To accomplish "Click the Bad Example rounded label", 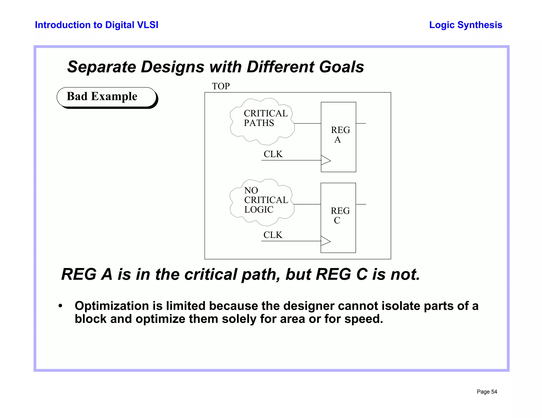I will click(x=106, y=97).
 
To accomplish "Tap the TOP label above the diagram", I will click(x=221, y=86).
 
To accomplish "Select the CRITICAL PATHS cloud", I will click(x=262, y=121).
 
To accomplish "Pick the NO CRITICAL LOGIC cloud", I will click(x=262, y=202).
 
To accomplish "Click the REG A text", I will click(x=340, y=135).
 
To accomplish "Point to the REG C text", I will click(x=340, y=215).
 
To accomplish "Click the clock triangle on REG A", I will click(x=326, y=160).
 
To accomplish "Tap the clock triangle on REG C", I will click(x=326, y=241).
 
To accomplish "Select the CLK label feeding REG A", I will click(x=273, y=154).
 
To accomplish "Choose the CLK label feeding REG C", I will click(x=273, y=235).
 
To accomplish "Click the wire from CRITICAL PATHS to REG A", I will click(x=308, y=124).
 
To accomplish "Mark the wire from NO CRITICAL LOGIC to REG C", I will click(x=307, y=204).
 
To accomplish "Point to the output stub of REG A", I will click(x=361, y=124).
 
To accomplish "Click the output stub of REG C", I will click(x=361, y=204).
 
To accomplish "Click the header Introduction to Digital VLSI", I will click(x=97, y=25).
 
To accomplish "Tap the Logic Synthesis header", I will click(x=466, y=25).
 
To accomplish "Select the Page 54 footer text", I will click(x=487, y=392).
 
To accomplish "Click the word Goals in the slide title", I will click(x=341, y=67).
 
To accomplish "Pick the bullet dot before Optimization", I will click(x=61, y=306).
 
